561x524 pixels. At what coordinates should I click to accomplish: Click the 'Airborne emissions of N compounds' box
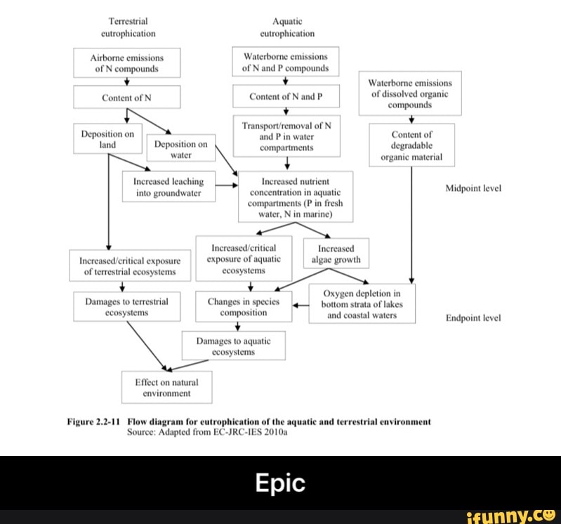click(127, 63)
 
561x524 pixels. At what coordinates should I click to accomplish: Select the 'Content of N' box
click(127, 98)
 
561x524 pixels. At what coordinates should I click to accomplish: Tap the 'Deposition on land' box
click(108, 138)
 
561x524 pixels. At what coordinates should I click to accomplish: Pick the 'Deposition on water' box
click(180, 150)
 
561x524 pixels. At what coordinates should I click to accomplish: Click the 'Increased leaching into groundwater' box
click(169, 186)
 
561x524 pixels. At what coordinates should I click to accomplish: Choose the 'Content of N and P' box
click(286, 97)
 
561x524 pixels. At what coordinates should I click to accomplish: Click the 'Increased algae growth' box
click(336, 254)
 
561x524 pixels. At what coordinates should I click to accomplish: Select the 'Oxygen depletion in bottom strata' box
click(362, 304)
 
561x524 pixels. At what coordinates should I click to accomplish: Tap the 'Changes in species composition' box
click(244, 307)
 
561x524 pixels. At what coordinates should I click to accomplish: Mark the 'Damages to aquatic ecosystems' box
click(233, 346)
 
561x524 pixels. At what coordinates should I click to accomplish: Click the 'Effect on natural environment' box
click(166, 388)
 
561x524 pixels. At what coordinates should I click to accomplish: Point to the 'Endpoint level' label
click(473, 317)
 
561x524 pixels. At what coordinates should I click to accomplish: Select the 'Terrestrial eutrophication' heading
click(127, 27)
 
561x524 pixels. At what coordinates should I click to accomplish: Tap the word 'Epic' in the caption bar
click(279, 483)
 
